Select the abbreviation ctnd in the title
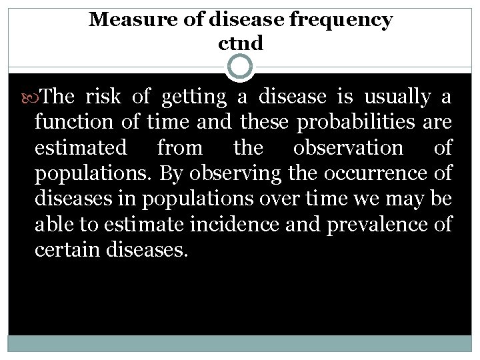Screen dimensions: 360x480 click(x=241, y=43)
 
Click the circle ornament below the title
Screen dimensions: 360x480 click(x=240, y=67)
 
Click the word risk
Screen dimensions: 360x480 click(x=104, y=98)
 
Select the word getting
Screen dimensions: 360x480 click(x=197, y=98)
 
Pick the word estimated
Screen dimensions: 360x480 click(x=77, y=147)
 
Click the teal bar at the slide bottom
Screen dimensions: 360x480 click(x=240, y=343)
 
